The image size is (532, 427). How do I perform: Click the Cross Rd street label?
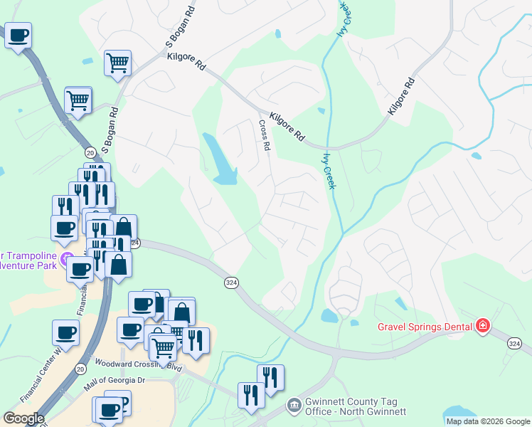click(264, 135)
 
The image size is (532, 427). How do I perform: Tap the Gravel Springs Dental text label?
click(425, 327)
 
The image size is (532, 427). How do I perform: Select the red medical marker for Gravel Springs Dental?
click(484, 327)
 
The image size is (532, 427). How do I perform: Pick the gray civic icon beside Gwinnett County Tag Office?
click(294, 406)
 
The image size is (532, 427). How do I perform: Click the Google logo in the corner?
click(23, 418)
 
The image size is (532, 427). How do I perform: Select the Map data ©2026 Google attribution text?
click(487, 421)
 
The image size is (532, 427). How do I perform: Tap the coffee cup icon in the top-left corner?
click(18, 34)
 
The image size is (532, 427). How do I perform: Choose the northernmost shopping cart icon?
click(117, 63)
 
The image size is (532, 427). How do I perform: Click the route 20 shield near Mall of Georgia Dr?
click(80, 369)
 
